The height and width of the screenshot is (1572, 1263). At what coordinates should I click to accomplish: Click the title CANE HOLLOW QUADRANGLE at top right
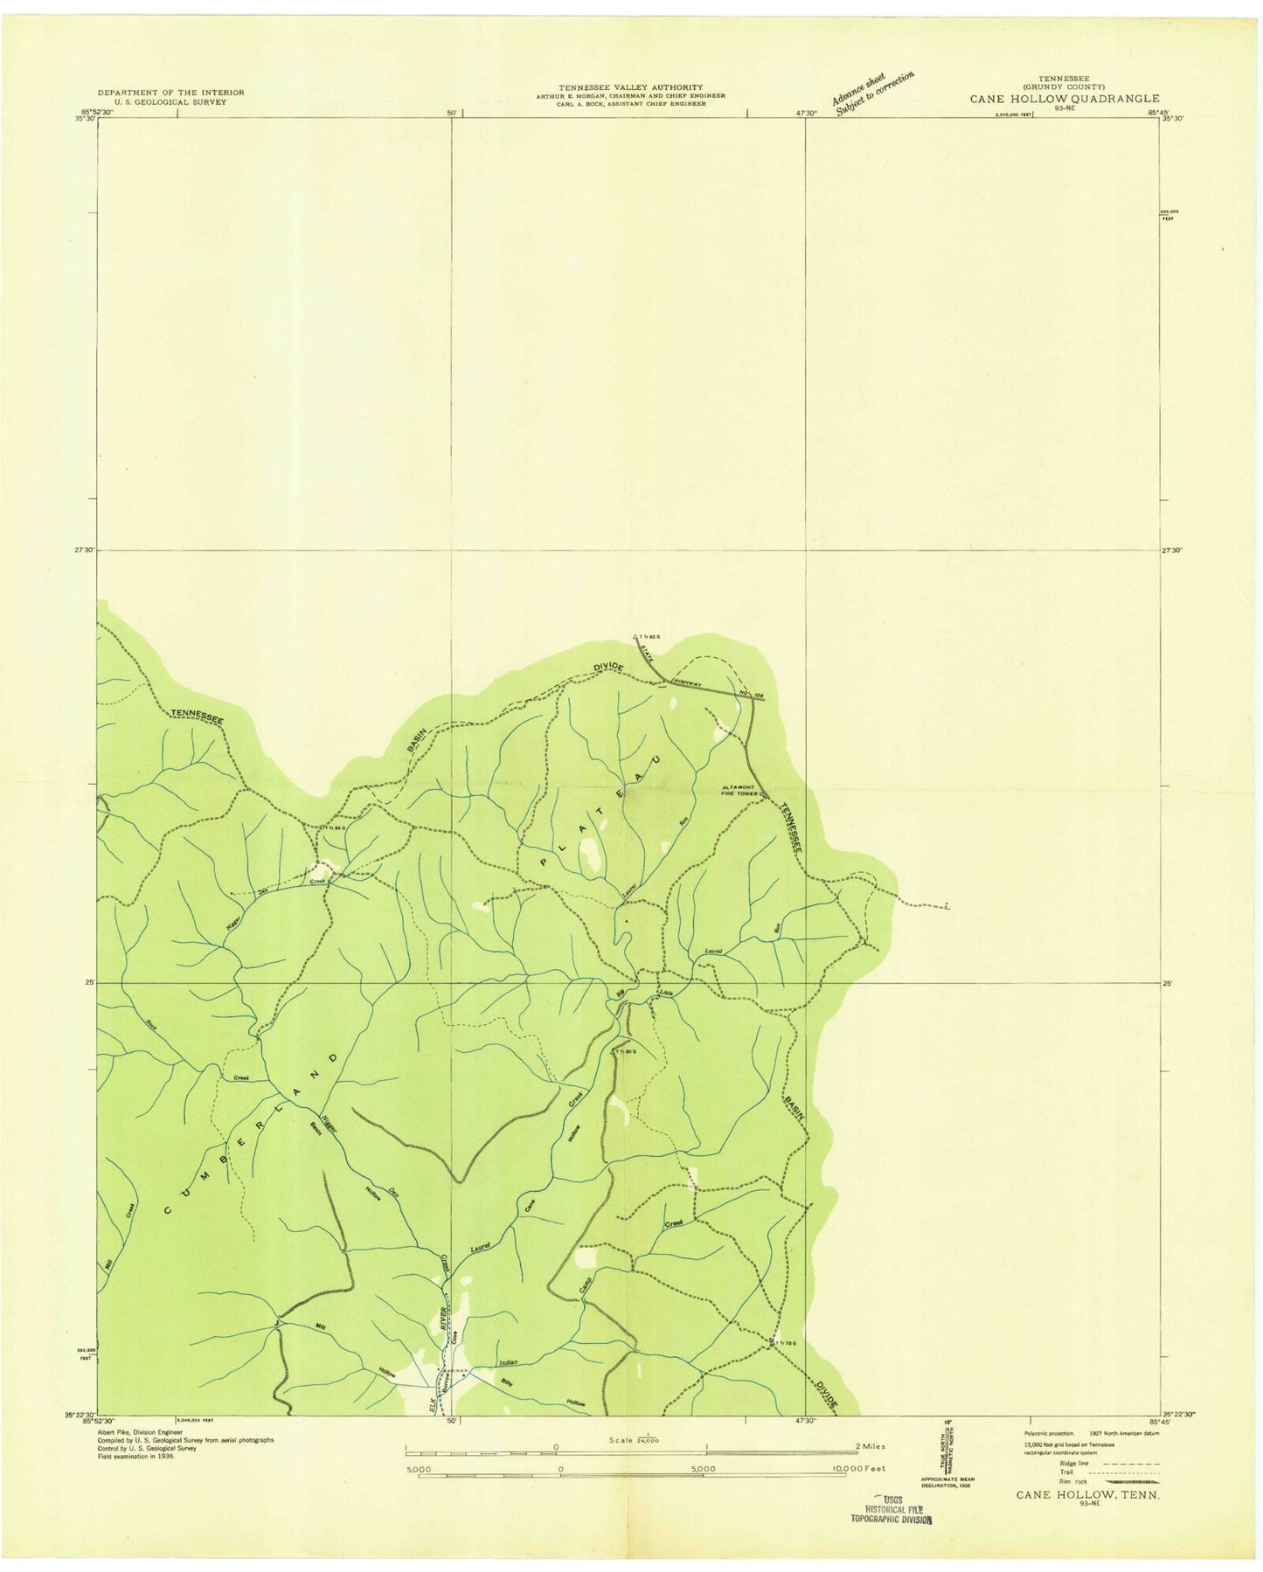[1064, 99]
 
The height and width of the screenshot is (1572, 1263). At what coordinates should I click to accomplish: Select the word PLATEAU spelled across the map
[600, 811]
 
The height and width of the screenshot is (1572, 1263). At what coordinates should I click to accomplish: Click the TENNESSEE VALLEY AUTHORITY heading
[630, 87]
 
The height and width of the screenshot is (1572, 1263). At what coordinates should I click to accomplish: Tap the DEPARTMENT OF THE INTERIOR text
[170, 92]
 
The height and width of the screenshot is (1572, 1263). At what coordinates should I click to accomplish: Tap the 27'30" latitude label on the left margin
[85, 550]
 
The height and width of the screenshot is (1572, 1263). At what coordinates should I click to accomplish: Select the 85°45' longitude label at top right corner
[1158, 112]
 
